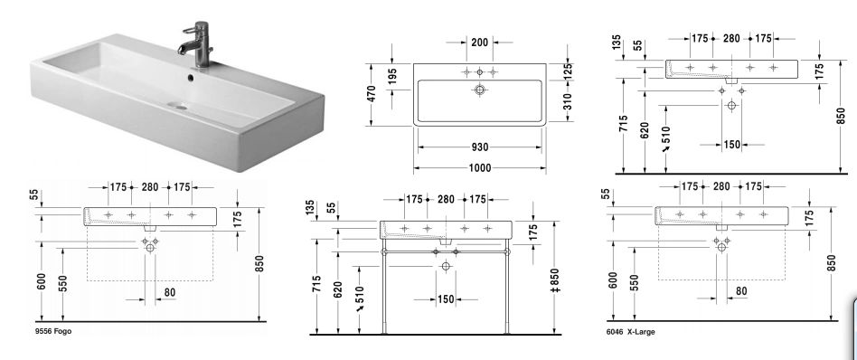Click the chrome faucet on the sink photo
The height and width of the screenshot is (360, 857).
pyautogui.click(x=198, y=45)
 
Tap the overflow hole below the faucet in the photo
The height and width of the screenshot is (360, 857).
pyautogui.click(x=191, y=78)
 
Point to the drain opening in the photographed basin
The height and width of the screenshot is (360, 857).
pyautogui.click(x=177, y=105)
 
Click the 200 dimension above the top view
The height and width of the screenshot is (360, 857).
pyautogui.click(x=479, y=43)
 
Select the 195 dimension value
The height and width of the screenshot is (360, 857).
pyautogui.click(x=391, y=77)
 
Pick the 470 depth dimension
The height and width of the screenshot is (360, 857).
pyautogui.click(x=372, y=93)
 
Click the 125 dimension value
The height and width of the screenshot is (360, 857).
pyautogui.click(x=567, y=71)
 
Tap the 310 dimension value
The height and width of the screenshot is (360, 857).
pyautogui.click(x=567, y=102)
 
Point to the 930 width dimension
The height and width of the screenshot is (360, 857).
pyautogui.click(x=479, y=147)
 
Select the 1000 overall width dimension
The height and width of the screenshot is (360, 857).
pyautogui.click(x=479, y=168)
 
